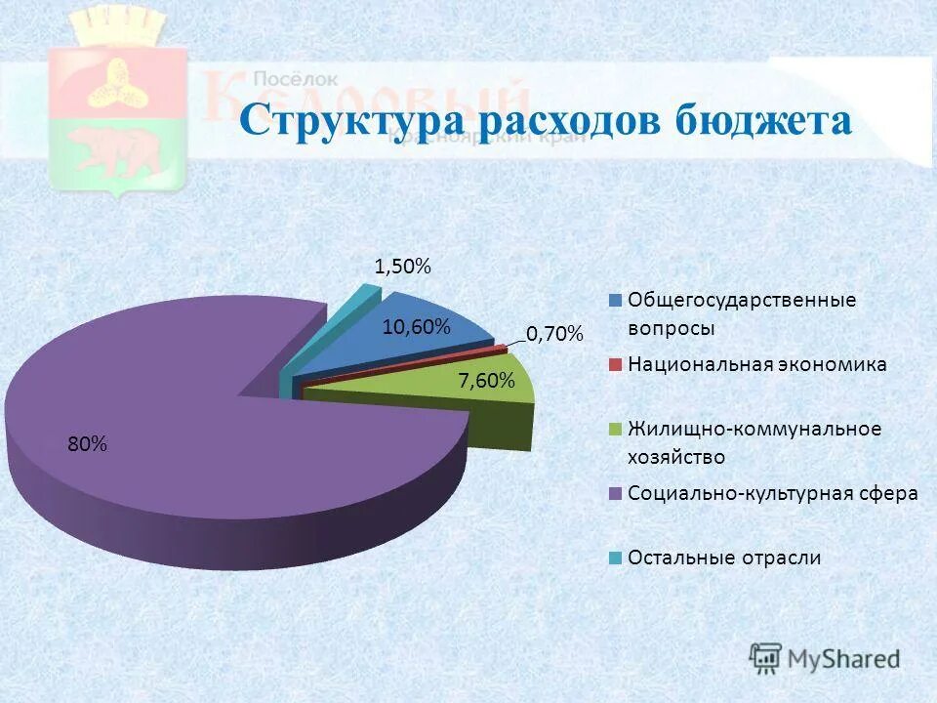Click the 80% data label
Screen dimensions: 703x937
tap(87, 444)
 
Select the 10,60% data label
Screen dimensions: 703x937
tap(416, 327)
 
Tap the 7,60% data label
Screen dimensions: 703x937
tap(486, 381)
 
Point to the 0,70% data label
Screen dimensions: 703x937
tap(554, 335)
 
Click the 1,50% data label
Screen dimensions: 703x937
tap(402, 267)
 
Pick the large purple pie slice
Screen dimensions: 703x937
tap(195, 410)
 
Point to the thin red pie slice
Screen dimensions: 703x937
tap(500, 349)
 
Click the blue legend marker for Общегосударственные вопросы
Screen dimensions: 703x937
tap(615, 301)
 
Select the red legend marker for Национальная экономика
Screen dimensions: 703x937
tap(615, 365)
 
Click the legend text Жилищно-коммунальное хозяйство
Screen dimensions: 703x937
tap(754, 442)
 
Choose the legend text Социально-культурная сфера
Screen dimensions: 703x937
tap(773, 494)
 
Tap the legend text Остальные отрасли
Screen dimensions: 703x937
tap(724, 558)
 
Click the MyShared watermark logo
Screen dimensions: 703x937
tap(825, 658)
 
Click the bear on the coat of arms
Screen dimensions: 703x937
tap(115, 148)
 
